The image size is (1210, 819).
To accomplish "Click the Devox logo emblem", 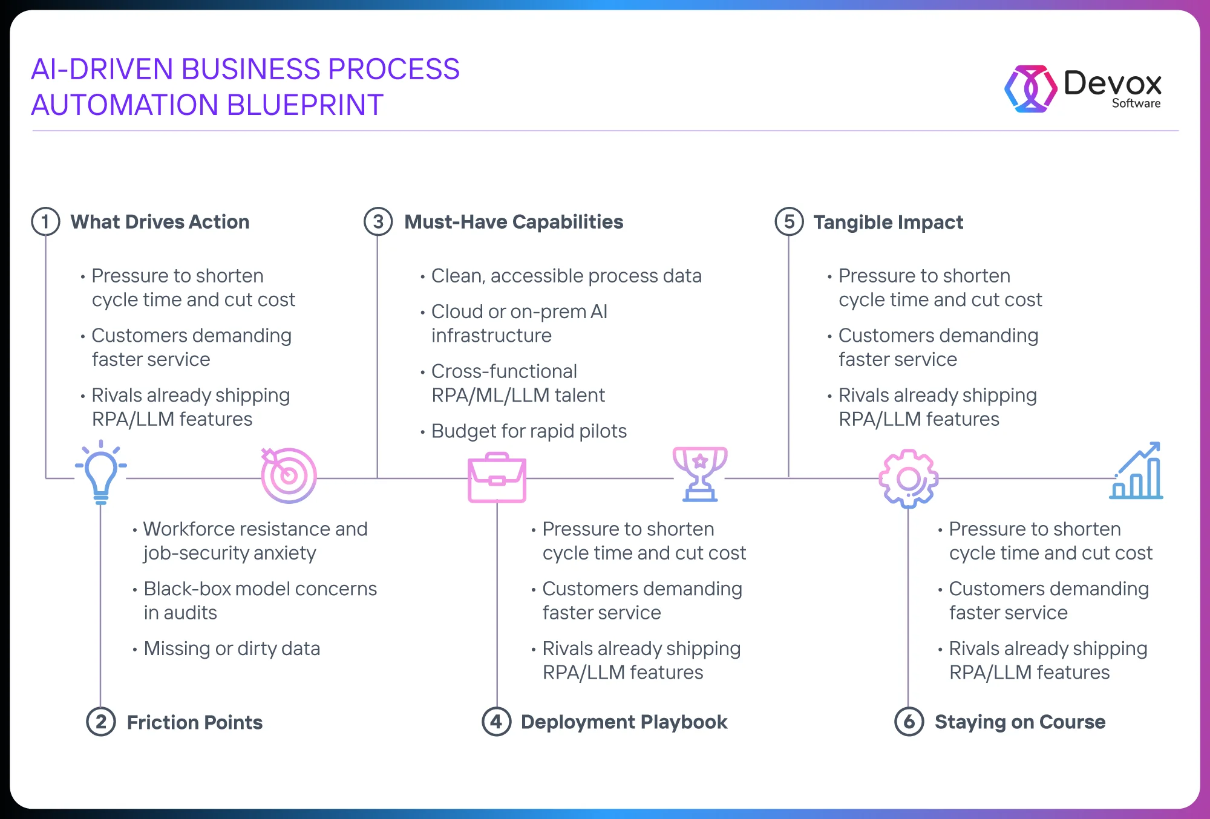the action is [1031, 89].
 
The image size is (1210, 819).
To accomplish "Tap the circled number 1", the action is [45, 221].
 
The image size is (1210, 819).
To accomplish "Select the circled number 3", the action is [378, 221].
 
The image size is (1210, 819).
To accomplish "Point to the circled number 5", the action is [789, 221].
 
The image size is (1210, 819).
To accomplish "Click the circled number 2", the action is [101, 722].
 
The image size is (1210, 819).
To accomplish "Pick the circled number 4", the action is [496, 722].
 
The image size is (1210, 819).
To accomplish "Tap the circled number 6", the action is [909, 722].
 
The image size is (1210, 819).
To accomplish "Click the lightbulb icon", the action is [101, 472].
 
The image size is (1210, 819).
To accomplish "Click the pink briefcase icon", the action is [497, 477].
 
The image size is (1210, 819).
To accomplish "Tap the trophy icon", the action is [700, 474].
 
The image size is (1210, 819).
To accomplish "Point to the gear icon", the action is [909, 478].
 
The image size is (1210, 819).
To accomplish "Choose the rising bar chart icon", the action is [1136, 471].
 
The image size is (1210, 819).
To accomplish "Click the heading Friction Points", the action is [195, 722].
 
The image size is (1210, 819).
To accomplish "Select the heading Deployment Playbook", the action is [624, 722].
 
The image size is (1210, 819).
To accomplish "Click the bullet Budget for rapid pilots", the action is [529, 431].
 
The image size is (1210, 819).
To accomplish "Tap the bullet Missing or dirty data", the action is [232, 648].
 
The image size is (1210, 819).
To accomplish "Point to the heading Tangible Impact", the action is [888, 223].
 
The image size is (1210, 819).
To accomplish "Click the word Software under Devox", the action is [1136, 103].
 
